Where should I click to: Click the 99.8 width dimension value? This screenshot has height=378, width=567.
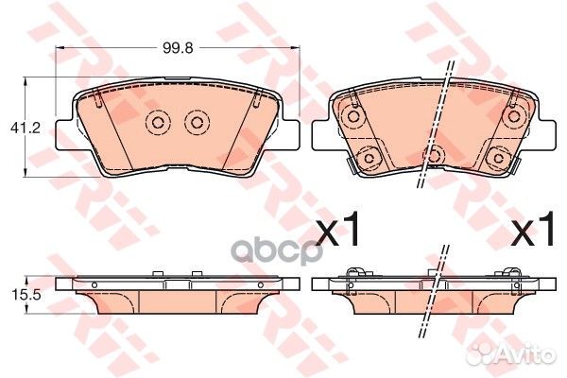pyautogui.click(x=178, y=47)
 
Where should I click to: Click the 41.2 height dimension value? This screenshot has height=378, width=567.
pyautogui.click(x=25, y=128)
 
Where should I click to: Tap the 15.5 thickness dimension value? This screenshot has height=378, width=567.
pyautogui.click(x=26, y=295)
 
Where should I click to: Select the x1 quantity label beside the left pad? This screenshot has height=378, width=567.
pyautogui.click(x=337, y=228)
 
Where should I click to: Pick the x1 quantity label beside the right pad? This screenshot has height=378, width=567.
pyautogui.click(x=533, y=228)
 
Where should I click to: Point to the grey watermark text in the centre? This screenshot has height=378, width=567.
pyautogui.click(x=276, y=250)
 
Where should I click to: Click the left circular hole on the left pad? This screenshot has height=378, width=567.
pyautogui.click(x=158, y=123)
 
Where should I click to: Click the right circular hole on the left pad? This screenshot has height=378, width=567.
pyautogui.click(x=197, y=123)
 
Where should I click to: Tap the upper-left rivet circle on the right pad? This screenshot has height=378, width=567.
pyautogui.click(x=352, y=116)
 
